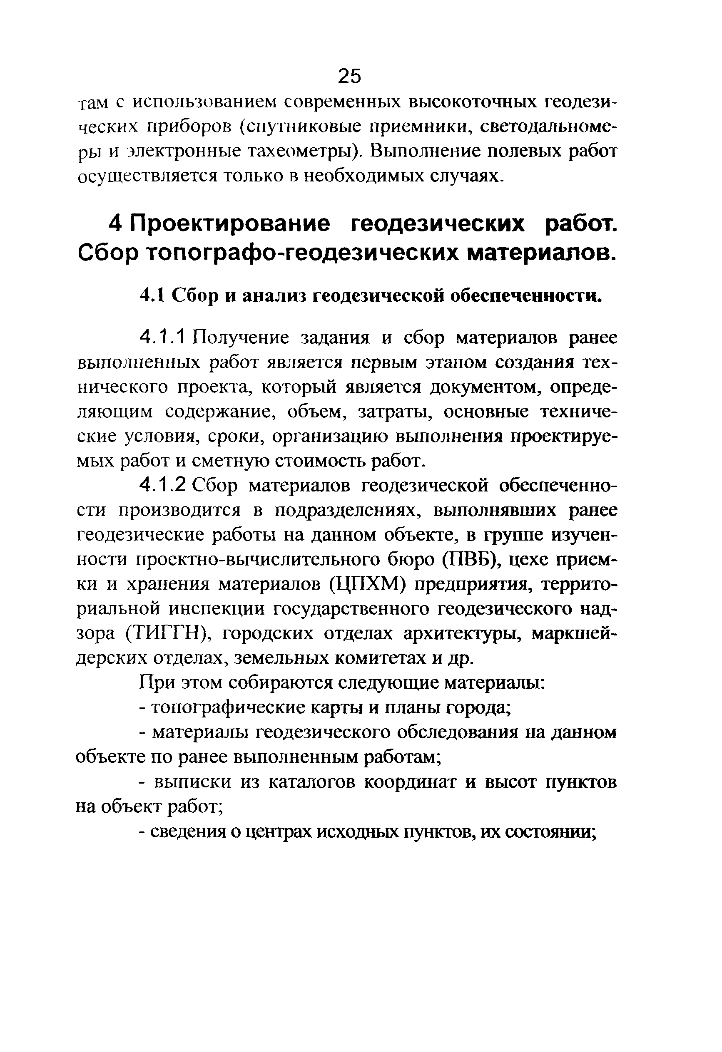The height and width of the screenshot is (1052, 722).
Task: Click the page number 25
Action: [349, 76]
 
